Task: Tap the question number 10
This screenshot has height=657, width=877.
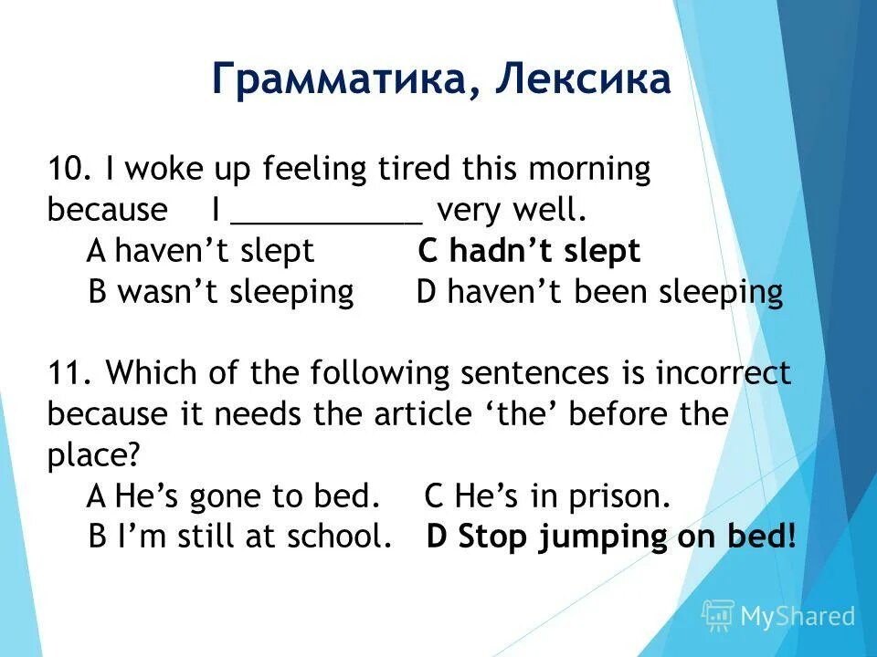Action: click(66, 170)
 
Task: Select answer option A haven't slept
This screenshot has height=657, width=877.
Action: click(201, 251)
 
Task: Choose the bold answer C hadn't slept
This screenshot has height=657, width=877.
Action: click(530, 251)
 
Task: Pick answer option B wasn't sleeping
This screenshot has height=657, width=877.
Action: click(221, 292)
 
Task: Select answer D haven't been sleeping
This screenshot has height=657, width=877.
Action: click(599, 292)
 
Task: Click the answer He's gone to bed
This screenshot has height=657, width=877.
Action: click(233, 496)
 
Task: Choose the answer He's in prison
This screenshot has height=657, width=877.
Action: click(548, 496)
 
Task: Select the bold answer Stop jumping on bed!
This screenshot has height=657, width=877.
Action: click(611, 537)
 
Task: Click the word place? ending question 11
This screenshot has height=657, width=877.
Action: click(91, 455)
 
